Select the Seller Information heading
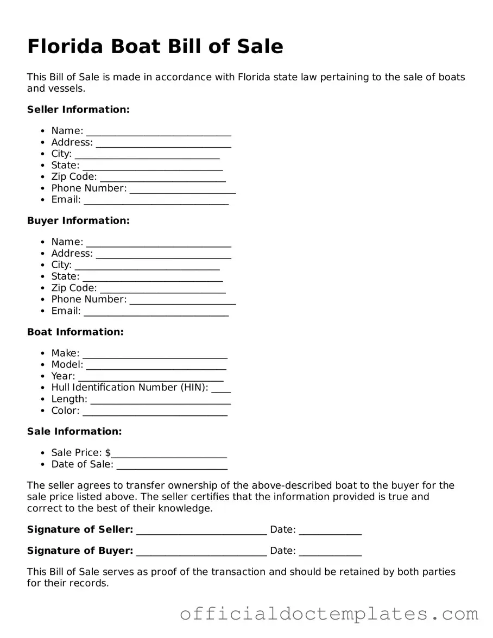point(78,110)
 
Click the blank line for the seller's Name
point(159,132)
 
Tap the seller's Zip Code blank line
point(163,178)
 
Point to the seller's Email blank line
point(156,201)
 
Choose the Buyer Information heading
point(78,220)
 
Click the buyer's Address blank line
point(163,255)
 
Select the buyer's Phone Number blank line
point(183,300)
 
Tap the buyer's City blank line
point(147,266)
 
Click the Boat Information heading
point(75,332)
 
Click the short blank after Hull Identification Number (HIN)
point(221,389)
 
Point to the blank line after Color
point(155,412)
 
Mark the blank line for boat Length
point(160,400)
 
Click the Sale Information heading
point(74,432)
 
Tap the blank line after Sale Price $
point(169,454)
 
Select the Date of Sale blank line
point(172,465)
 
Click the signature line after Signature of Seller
point(201,530)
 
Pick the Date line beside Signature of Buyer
point(330,552)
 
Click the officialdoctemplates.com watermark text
point(329,614)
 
